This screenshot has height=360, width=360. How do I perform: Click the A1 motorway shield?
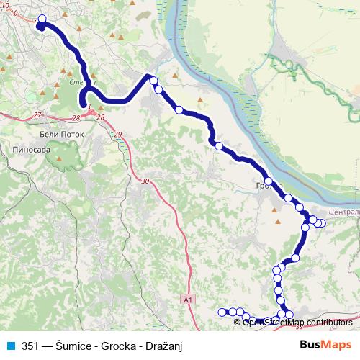click(187, 299)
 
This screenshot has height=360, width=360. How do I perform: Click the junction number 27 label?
click(38, 114)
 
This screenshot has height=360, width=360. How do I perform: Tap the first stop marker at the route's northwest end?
click(41, 19)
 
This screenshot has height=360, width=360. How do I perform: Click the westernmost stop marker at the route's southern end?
click(222, 312)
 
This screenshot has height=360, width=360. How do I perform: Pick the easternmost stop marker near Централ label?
click(322, 223)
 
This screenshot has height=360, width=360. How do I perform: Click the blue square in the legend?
click(10, 346)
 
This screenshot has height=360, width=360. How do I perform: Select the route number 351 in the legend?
click(30, 346)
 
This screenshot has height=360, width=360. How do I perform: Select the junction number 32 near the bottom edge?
click(298, 328)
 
